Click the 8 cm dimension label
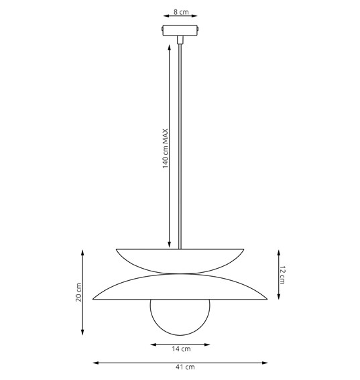click(x=180, y=12)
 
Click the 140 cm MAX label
click(x=165, y=148)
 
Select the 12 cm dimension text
click(x=282, y=274)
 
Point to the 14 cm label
click(x=180, y=349)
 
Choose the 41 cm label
click(x=180, y=367)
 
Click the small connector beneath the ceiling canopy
click(x=180, y=40)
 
